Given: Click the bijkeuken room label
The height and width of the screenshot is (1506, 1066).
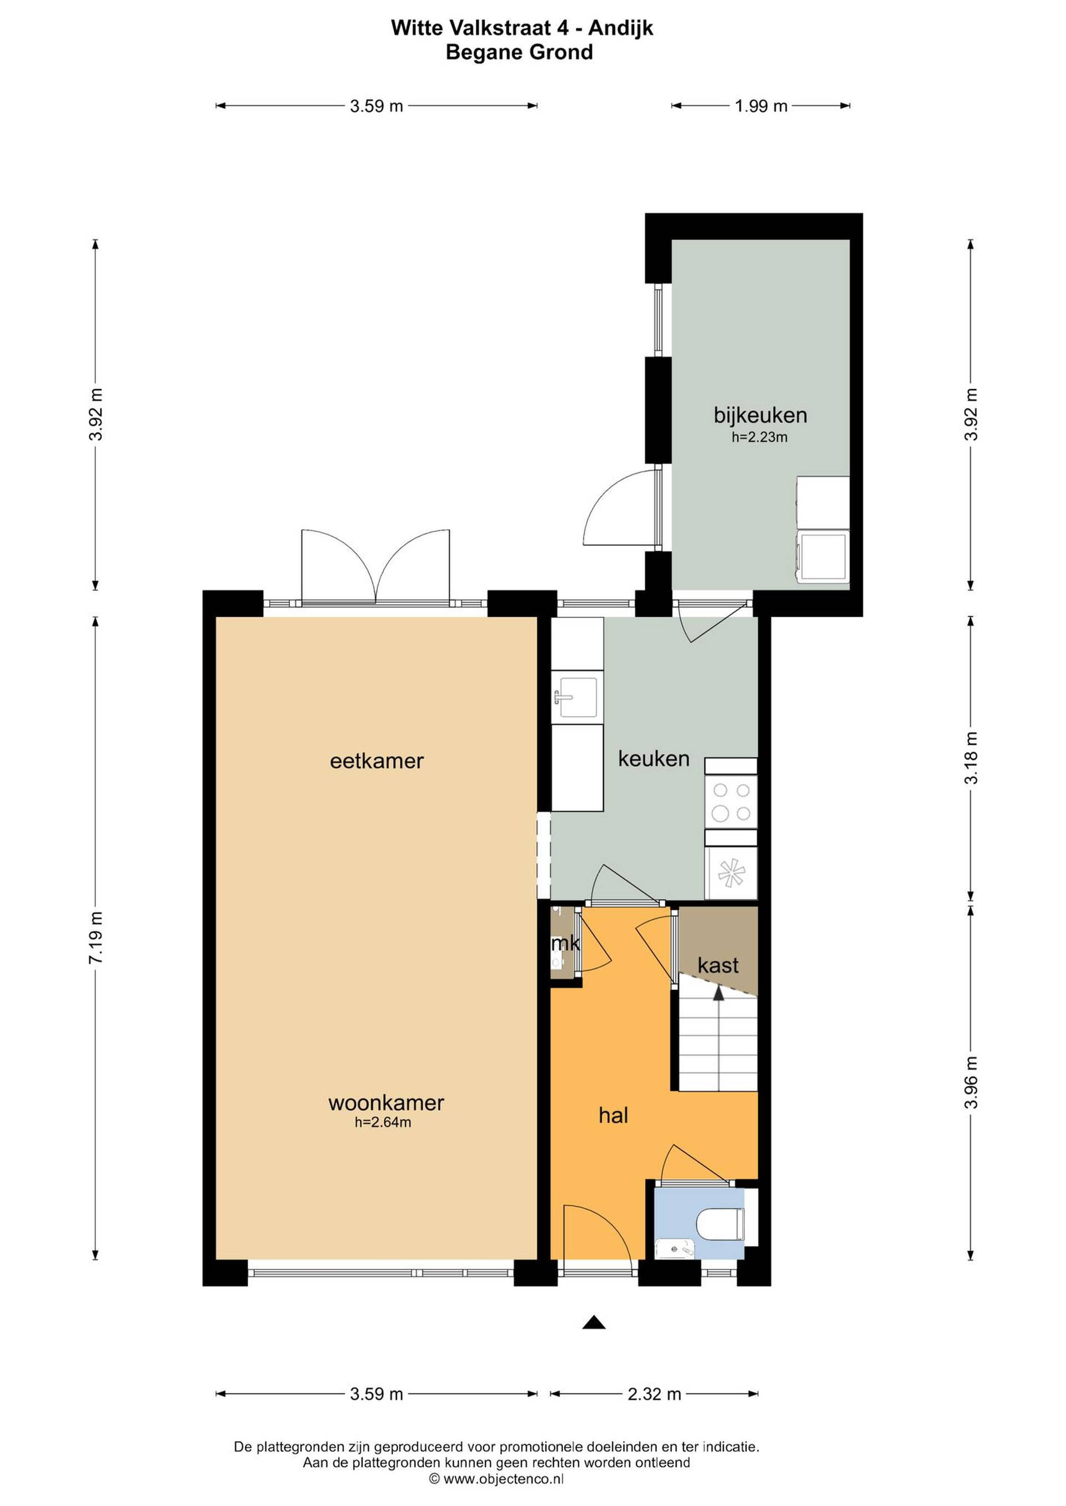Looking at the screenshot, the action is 760,416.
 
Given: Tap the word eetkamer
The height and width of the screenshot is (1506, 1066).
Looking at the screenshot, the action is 377,761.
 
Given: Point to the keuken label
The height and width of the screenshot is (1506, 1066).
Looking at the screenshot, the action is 654,759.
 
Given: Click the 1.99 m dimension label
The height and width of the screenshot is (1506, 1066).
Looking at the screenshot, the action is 761,105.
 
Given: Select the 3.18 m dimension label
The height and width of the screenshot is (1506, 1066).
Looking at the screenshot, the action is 971,758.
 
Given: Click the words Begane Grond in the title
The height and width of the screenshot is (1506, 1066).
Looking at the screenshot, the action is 519,52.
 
